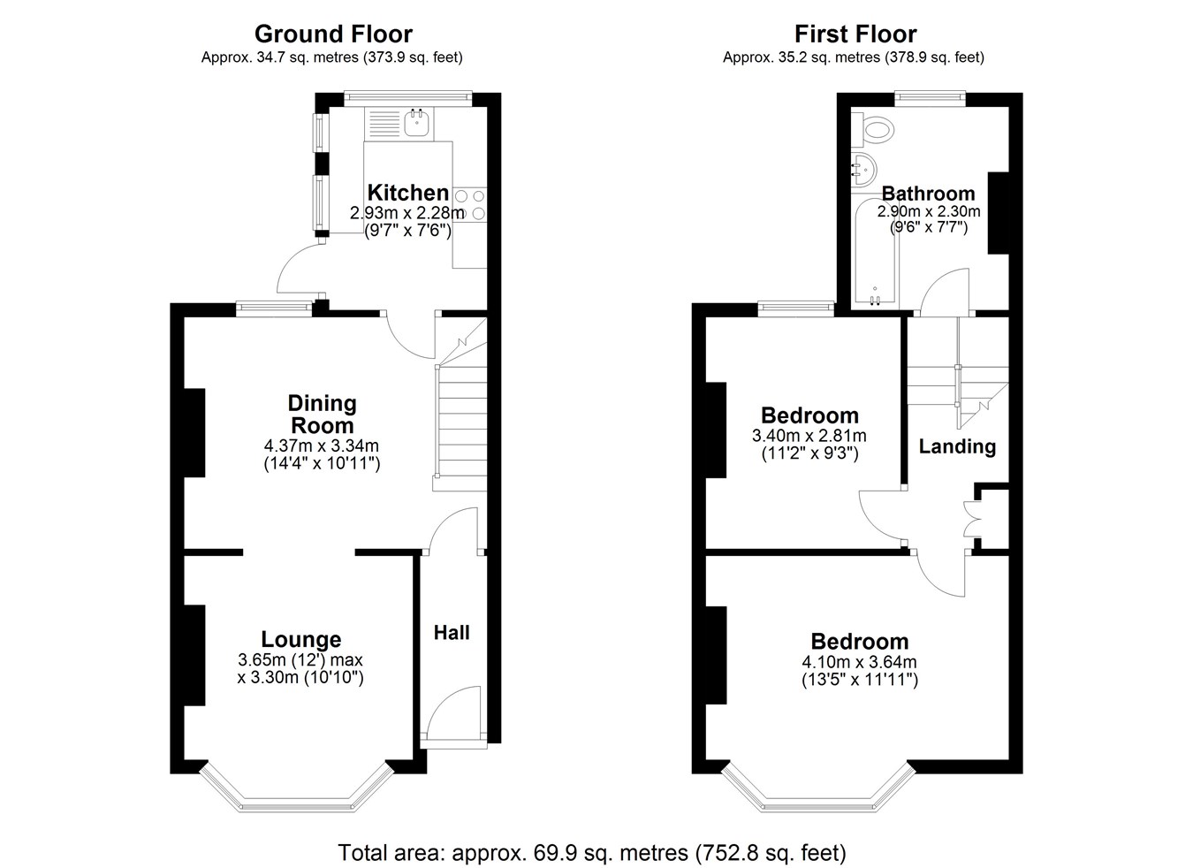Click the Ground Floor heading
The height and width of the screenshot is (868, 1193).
(x=333, y=34)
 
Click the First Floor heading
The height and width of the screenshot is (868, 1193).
(x=855, y=34)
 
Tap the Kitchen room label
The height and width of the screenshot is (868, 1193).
(x=408, y=193)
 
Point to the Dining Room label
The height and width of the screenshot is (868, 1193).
(x=323, y=415)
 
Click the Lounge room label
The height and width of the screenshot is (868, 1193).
(x=301, y=639)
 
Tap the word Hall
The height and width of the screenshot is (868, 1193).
(x=452, y=633)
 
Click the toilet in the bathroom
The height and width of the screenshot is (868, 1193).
(x=873, y=129)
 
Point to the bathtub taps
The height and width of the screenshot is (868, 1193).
(x=875, y=299)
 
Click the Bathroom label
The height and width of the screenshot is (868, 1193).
(x=928, y=193)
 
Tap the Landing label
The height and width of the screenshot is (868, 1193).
(x=957, y=446)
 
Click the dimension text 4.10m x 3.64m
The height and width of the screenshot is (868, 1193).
(x=860, y=662)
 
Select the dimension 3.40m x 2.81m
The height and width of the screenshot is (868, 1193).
(x=809, y=436)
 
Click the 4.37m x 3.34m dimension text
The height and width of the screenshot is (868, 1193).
(x=322, y=445)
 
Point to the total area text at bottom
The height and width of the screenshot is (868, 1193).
(x=592, y=853)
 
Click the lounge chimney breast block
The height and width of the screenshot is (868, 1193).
(x=195, y=655)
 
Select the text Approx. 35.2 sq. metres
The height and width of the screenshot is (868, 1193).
(x=801, y=57)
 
